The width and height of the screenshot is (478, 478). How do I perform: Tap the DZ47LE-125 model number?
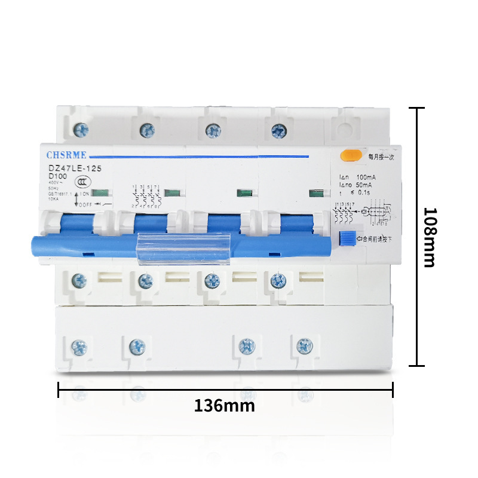coord(75,169)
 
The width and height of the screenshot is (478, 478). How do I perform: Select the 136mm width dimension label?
coord(224,406)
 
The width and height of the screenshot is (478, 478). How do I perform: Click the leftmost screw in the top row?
coord(79,128)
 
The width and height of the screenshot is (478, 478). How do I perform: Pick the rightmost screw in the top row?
coord(277,128)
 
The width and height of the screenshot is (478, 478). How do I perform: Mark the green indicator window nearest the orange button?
coord(315,192)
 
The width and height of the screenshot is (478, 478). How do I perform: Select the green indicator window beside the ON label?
coord(100,192)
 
